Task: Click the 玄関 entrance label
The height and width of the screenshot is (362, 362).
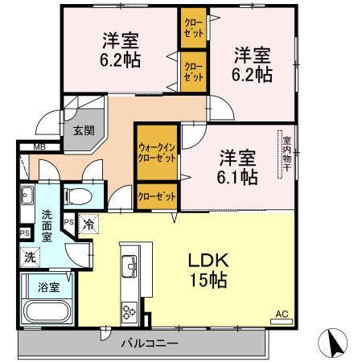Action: (83, 130)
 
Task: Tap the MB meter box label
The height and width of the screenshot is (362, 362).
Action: (38, 146)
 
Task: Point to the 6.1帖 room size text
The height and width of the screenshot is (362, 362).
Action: (237, 176)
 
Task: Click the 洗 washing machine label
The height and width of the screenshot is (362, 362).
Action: (29, 258)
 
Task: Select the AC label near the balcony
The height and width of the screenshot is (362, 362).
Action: (281, 313)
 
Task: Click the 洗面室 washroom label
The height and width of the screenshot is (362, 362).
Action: (47, 227)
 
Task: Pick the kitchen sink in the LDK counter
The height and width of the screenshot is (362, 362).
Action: (129, 262)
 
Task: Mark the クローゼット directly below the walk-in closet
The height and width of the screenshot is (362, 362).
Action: (157, 195)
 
